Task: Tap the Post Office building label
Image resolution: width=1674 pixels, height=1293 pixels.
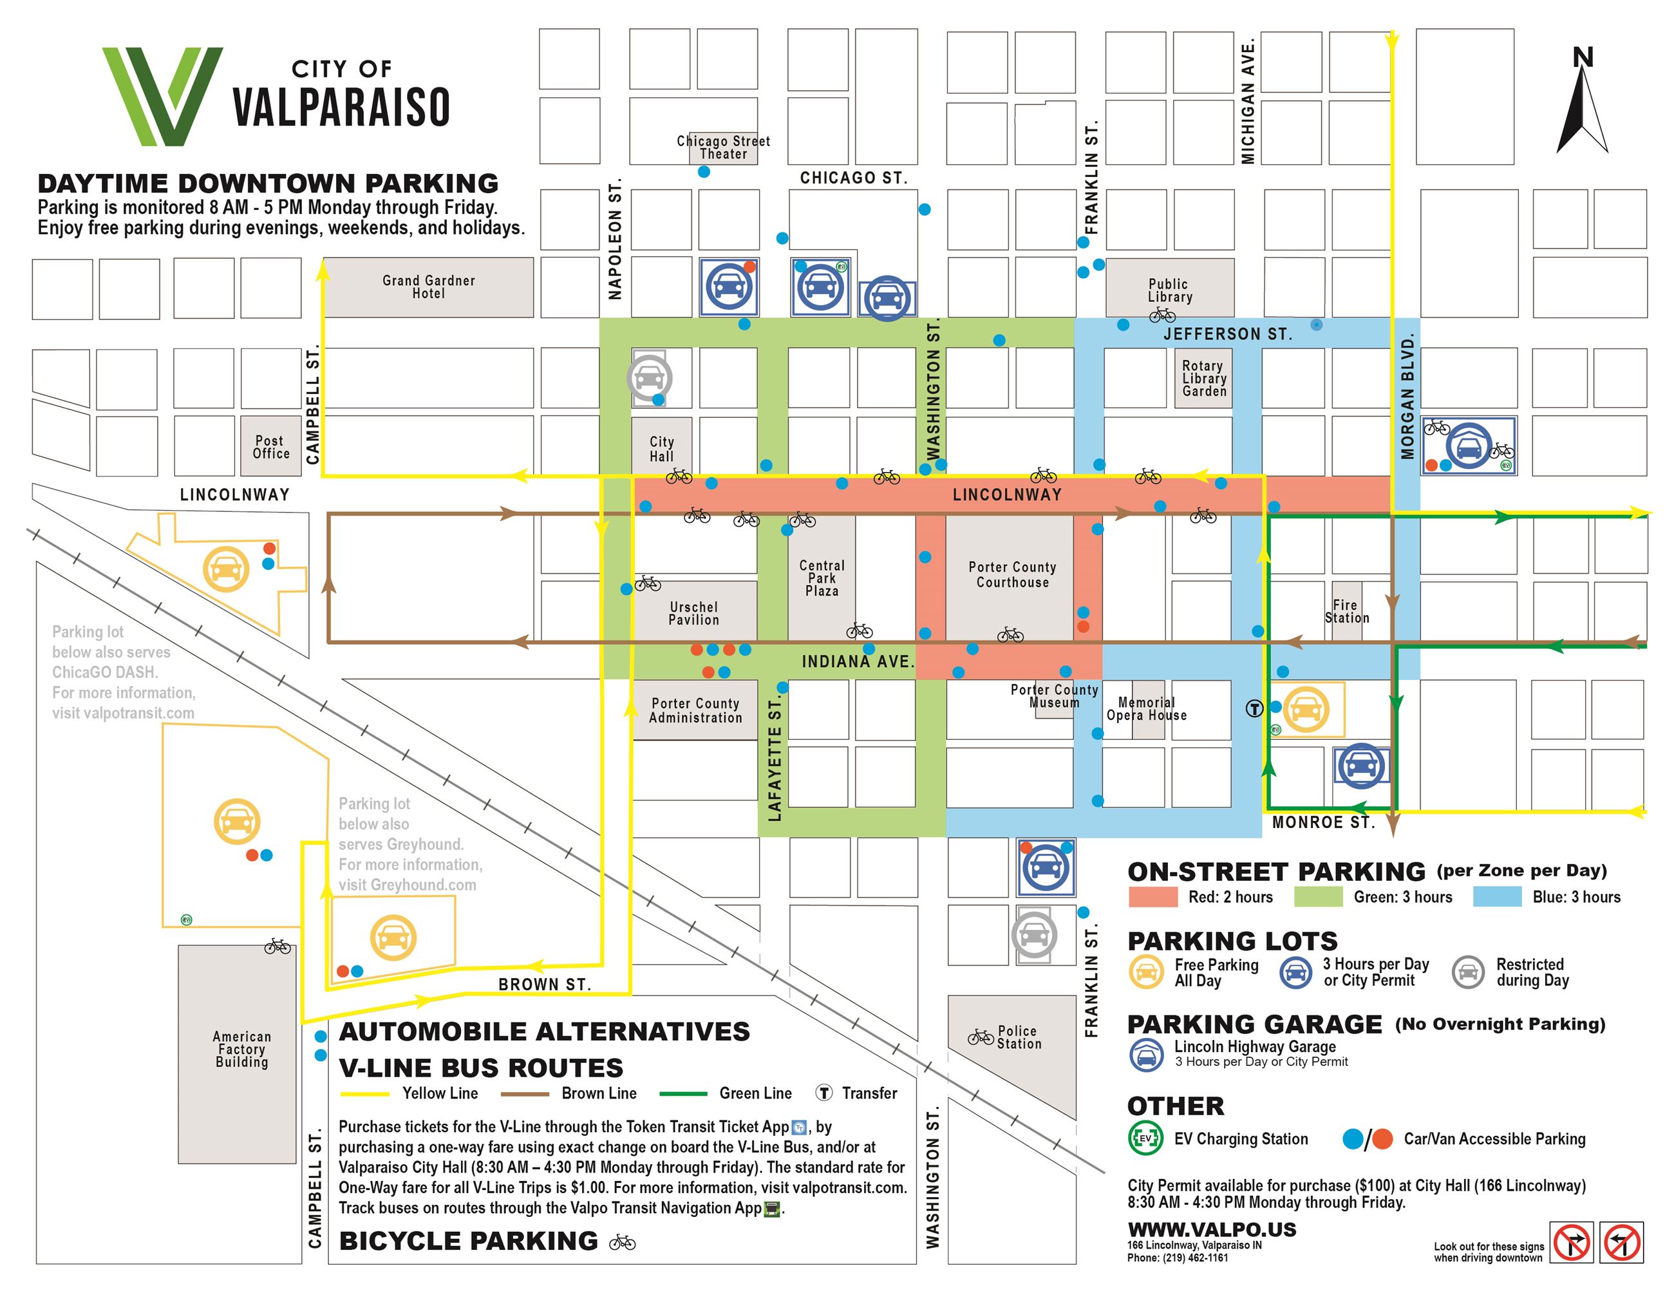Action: click(x=271, y=447)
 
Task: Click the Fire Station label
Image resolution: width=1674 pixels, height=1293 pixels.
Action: click(x=1347, y=612)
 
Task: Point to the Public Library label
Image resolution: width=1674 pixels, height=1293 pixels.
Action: click(x=1169, y=290)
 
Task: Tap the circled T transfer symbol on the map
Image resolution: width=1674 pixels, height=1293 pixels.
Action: click(x=1254, y=708)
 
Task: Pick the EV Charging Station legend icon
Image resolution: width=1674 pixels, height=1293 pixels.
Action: click(x=1145, y=1138)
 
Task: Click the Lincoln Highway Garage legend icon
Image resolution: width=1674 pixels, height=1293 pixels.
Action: click(x=1146, y=1055)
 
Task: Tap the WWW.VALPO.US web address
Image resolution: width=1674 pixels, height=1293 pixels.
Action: click(x=1212, y=1229)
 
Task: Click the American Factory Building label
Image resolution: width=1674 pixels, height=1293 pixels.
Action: click(x=241, y=1049)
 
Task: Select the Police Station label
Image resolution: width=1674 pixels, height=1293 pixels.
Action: click(x=1019, y=1037)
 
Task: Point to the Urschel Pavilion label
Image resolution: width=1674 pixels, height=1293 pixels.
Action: click(x=693, y=613)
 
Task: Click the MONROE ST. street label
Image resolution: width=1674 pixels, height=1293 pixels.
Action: click(x=1323, y=822)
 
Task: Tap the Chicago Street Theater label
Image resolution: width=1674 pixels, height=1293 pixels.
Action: click(x=723, y=147)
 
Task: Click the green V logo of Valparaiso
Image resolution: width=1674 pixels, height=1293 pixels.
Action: click(x=162, y=96)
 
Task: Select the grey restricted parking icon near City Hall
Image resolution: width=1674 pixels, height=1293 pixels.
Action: click(x=649, y=377)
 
